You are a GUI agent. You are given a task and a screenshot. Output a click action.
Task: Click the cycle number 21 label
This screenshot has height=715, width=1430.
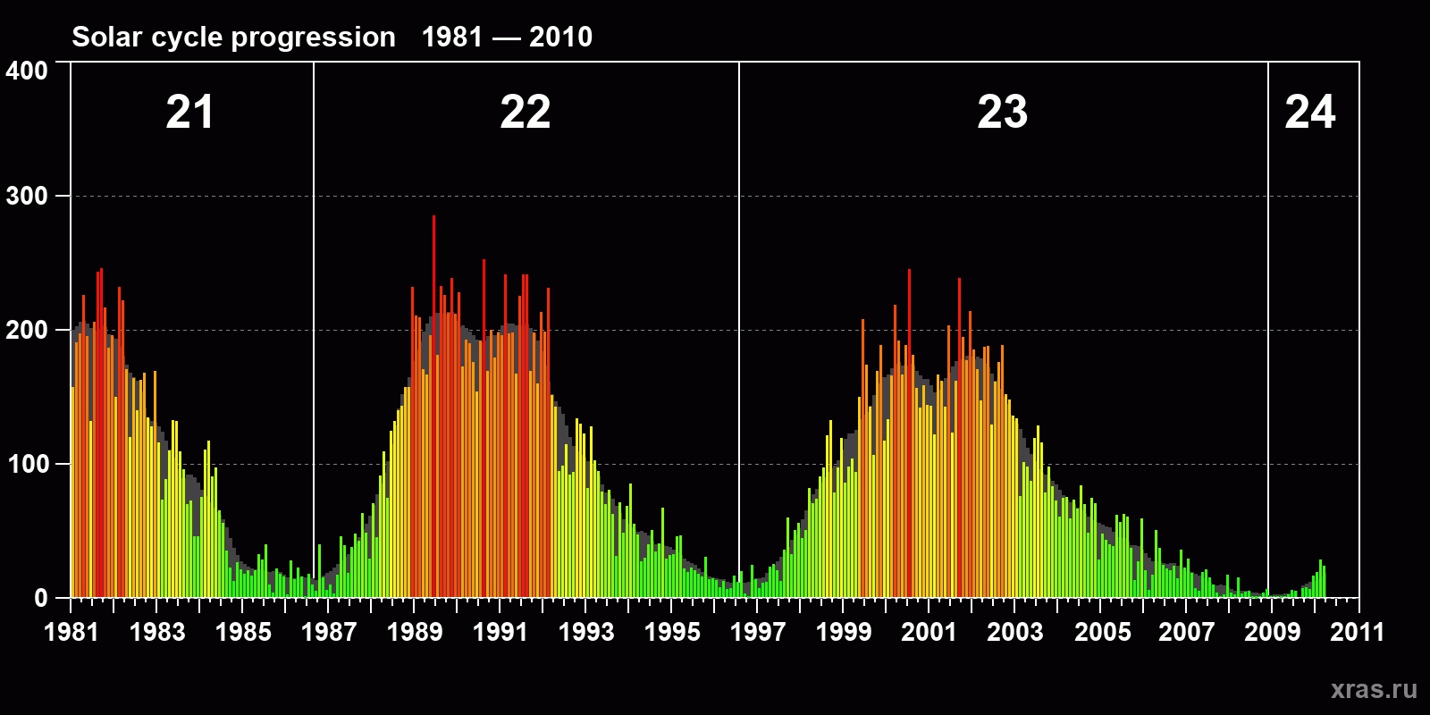point(189,113)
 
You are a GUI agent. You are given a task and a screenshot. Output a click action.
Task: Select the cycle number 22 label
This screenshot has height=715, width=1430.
point(526,113)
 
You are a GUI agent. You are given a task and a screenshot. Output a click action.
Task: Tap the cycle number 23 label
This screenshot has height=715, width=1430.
point(1002,113)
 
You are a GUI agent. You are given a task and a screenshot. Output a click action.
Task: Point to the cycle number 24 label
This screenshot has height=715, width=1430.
point(1309,113)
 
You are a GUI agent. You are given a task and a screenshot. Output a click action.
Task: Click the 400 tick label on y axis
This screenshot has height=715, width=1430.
point(27,71)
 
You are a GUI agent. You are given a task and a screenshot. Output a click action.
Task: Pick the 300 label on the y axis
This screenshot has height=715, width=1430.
point(27,197)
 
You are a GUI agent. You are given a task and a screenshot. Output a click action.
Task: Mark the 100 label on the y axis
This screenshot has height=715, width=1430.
point(27,465)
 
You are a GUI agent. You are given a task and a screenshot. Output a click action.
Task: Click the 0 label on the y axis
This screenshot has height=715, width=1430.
point(41,599)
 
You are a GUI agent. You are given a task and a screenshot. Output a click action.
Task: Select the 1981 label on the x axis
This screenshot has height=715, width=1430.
point(71,633)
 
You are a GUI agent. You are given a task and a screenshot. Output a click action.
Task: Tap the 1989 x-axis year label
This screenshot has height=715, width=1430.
point(415,633)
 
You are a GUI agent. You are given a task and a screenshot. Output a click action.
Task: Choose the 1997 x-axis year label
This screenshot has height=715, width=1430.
point(758,633)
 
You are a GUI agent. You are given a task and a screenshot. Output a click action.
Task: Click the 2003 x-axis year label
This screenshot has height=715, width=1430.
point(1015,633)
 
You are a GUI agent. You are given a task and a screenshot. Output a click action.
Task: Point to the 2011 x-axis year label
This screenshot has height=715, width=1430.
point(1357,633)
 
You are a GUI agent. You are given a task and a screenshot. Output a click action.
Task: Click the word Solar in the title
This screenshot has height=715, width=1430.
point(105,38)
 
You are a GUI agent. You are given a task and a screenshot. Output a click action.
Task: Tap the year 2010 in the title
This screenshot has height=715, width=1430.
point(560,38)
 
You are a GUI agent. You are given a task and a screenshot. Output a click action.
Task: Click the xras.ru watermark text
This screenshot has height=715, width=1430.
point(1374,689)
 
